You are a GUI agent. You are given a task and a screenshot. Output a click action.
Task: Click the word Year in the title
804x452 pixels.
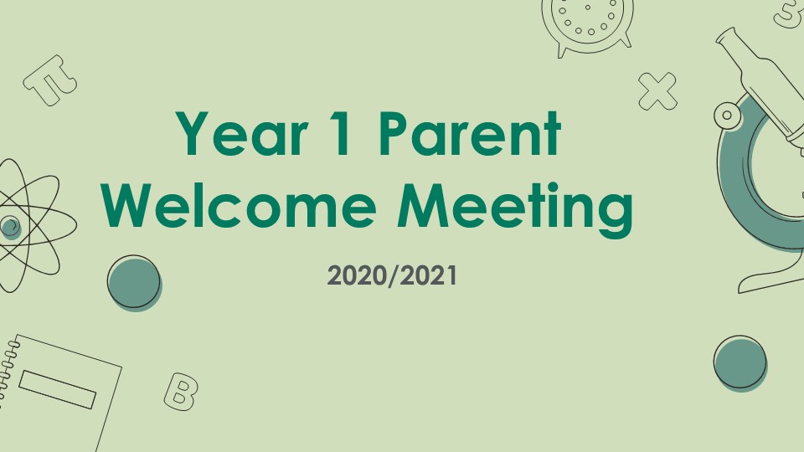click(x=240, y=133)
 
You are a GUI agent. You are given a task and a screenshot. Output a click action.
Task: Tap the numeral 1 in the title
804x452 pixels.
click(x=342, y=133)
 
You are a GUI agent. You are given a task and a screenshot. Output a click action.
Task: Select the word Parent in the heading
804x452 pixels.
click(x=470, y=133)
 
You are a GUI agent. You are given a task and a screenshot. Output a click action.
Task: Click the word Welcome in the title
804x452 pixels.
click(x=239, y=205)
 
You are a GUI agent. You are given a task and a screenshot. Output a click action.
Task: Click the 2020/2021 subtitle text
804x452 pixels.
click(x=392, y=275)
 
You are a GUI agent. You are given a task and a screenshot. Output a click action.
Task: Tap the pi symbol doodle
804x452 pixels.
click(x=50, y=80)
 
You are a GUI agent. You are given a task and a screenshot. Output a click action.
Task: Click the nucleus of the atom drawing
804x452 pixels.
click(x=10, y=226)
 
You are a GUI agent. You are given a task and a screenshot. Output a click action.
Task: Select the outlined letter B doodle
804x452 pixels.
click(x=181, y=392)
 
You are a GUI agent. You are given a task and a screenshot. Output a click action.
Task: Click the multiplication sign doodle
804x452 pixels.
click(x=657, y=91)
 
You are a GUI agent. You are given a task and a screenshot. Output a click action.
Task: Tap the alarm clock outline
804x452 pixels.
click(x=588, y=26)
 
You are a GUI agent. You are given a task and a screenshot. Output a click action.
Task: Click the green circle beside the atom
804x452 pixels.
click(x=134, y=283)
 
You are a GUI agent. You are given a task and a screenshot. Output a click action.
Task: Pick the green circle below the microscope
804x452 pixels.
click(x=740, y=363)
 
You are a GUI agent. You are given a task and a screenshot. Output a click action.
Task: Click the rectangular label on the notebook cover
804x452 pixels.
click(x=58, y=389)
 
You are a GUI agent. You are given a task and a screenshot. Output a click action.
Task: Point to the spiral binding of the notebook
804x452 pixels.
click(x=8, y=368)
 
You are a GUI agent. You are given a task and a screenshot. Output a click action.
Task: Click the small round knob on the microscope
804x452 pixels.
click(x=727, y=115)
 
